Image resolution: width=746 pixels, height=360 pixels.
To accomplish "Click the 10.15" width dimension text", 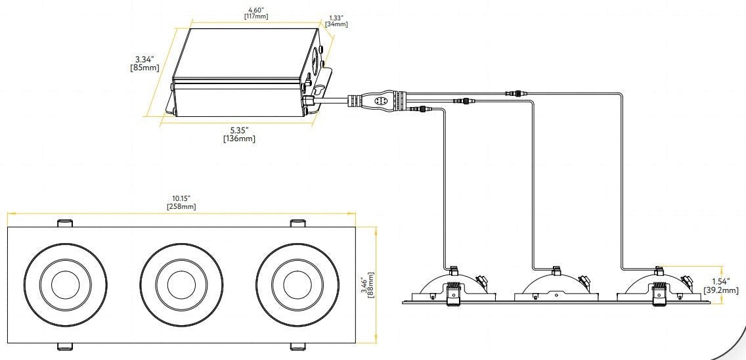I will [x=181, y=198].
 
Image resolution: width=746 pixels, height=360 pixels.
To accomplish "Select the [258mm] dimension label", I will [x=181, y=206].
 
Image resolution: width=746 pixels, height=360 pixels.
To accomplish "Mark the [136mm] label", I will [x=239, y=139].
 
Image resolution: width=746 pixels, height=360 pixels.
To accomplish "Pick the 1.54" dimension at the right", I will [x=720, y=281].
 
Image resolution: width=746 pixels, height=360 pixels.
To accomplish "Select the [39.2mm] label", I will [x=720, y=290].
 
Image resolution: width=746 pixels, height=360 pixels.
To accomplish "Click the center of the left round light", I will [x=64, y=284].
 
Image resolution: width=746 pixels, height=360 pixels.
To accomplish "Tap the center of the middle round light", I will [x=181, y=284].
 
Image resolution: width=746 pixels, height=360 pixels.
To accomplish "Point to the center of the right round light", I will [x=297, y=284].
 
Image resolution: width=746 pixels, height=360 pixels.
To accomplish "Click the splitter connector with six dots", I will [x=380, y=101].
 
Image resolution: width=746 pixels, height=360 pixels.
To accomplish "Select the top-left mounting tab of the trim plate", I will [x=65, y=223].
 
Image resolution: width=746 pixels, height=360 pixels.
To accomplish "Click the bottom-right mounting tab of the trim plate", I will [x=297, y=346].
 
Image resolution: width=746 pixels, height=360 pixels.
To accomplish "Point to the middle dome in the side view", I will [x=556, y=284].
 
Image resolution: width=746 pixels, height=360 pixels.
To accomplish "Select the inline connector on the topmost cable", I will [x=515, y=94].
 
